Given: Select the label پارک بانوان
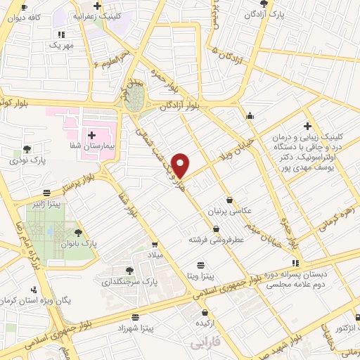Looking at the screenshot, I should [x=99, y=243].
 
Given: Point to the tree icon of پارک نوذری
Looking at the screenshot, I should [x=27, y=148].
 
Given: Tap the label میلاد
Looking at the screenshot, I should [x=153, y=255].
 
